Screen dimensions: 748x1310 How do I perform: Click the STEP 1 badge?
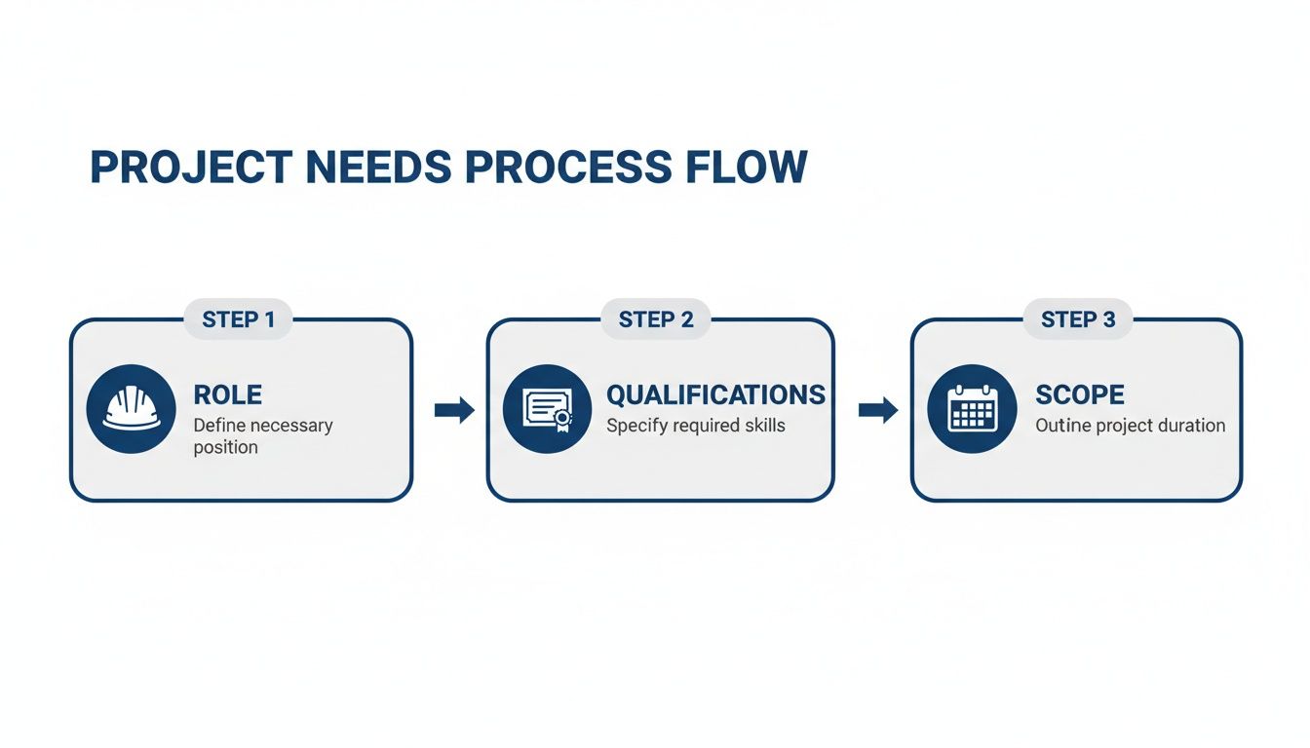[x=238, y=319]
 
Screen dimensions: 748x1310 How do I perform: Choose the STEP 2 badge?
[x=656, y=319]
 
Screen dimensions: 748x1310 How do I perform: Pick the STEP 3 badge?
[x=1078, y=319]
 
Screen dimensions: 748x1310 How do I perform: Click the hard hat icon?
[x=132, y=409]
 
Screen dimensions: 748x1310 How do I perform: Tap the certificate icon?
[x=547, y=409]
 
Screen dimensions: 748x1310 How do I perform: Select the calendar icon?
[x=971, y=409]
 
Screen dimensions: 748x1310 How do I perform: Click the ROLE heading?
[x=227, y=394]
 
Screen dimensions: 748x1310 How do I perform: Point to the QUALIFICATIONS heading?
[x=715, y=394]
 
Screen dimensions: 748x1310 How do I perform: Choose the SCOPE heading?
[x=1079, y=394]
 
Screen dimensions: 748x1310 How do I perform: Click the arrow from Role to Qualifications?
[x=454, y=410]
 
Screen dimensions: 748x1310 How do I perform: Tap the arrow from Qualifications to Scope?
[x=877, y=410]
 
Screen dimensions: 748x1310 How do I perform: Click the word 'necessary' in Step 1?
[x=289, y=426]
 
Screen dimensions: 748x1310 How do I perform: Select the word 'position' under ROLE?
[x=225, y=448]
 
